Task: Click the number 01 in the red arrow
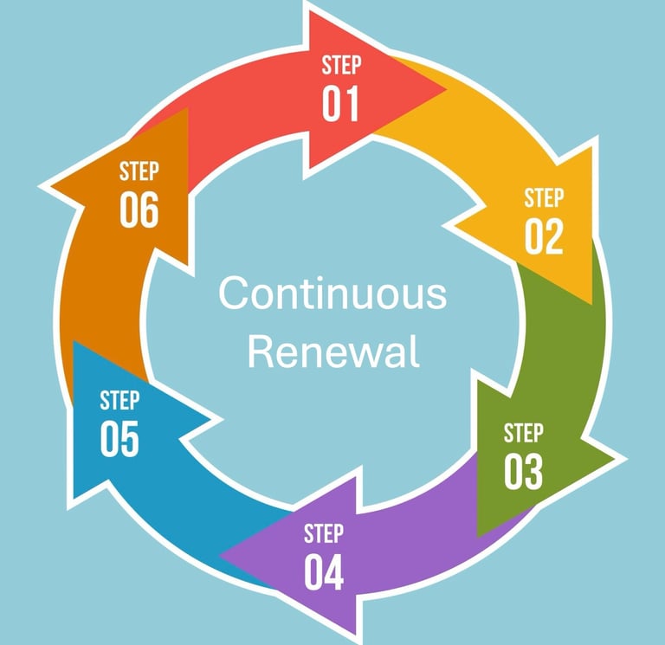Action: tap(340, 103)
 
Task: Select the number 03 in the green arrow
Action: tap(524, 471)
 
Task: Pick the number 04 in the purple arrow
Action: tap(324, 571)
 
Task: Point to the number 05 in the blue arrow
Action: tap(119, 439)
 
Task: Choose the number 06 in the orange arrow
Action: tap(139, 210)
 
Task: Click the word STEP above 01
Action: tap(340, 66)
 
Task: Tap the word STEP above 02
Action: tap(544, 198)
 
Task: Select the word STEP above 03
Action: tap(523, 432)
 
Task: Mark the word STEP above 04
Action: tap(324, 533)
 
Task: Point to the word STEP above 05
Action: tap(119, 401)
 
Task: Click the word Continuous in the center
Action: tap(332, 294)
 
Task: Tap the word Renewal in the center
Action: tap(333, 352)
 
